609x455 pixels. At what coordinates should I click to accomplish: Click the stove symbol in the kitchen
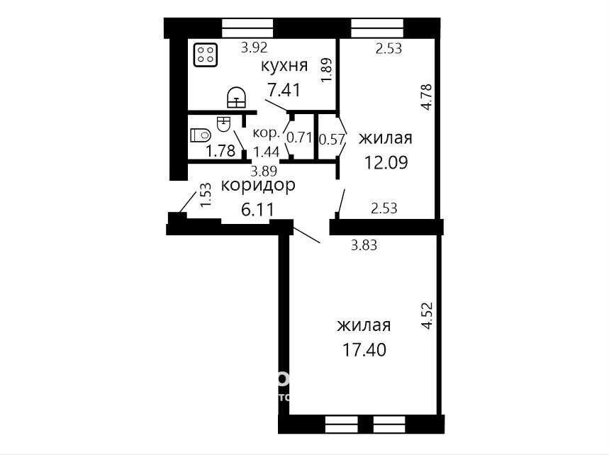click(206, 54)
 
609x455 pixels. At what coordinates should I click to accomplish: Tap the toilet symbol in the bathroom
click(201, 135)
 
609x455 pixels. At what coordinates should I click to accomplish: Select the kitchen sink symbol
click(237, 97)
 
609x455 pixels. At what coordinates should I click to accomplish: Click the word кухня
click(284, 66)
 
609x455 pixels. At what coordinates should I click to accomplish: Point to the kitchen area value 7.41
click(284, 91)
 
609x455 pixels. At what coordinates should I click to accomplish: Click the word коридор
click(258, 186)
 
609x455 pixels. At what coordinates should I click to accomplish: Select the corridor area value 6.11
click(258, 210)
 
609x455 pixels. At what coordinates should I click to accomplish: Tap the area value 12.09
click(386, 162)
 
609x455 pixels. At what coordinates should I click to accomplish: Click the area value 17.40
click(364, 350)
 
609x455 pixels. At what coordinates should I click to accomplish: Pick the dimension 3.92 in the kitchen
click(255, 47)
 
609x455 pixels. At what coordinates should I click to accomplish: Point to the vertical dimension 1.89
click(327, 70)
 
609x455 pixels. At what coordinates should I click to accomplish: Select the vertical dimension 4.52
click(427, 316)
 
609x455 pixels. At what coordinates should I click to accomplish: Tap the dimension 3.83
click(364, 245)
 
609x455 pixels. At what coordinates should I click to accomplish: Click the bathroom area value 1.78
click(220, 151)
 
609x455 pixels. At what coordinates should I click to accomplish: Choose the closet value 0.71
click(299, 137)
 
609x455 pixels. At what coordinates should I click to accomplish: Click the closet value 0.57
click(332, 139)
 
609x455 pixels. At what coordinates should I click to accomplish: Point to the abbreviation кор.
click(267, 133)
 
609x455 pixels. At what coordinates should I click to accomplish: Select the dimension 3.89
click(264, 172)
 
